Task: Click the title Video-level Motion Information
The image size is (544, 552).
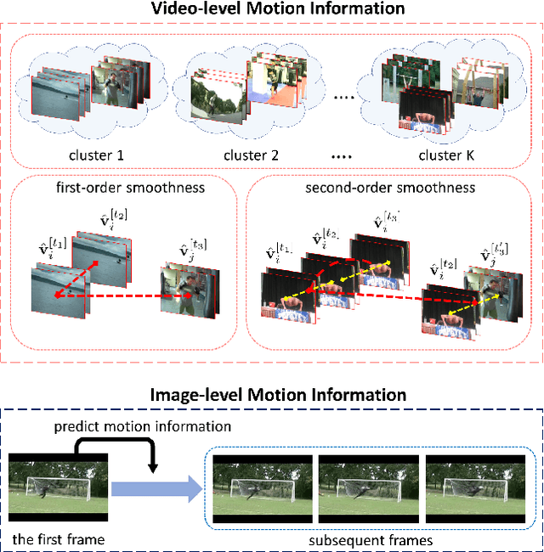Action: point(271,9)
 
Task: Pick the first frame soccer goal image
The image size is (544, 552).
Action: point(59,491)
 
